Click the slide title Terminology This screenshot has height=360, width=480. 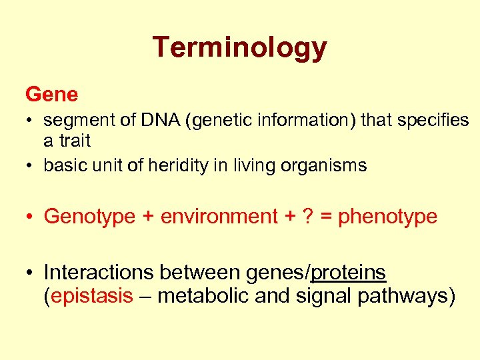click(239, 48)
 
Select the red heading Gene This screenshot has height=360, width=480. click(51, 95)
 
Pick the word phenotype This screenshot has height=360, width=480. click(387, 217)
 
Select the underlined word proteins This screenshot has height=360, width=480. click(349, 273)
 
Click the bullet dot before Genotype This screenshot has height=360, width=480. click(31, 217)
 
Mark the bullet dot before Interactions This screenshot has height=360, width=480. click(31, 273)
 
